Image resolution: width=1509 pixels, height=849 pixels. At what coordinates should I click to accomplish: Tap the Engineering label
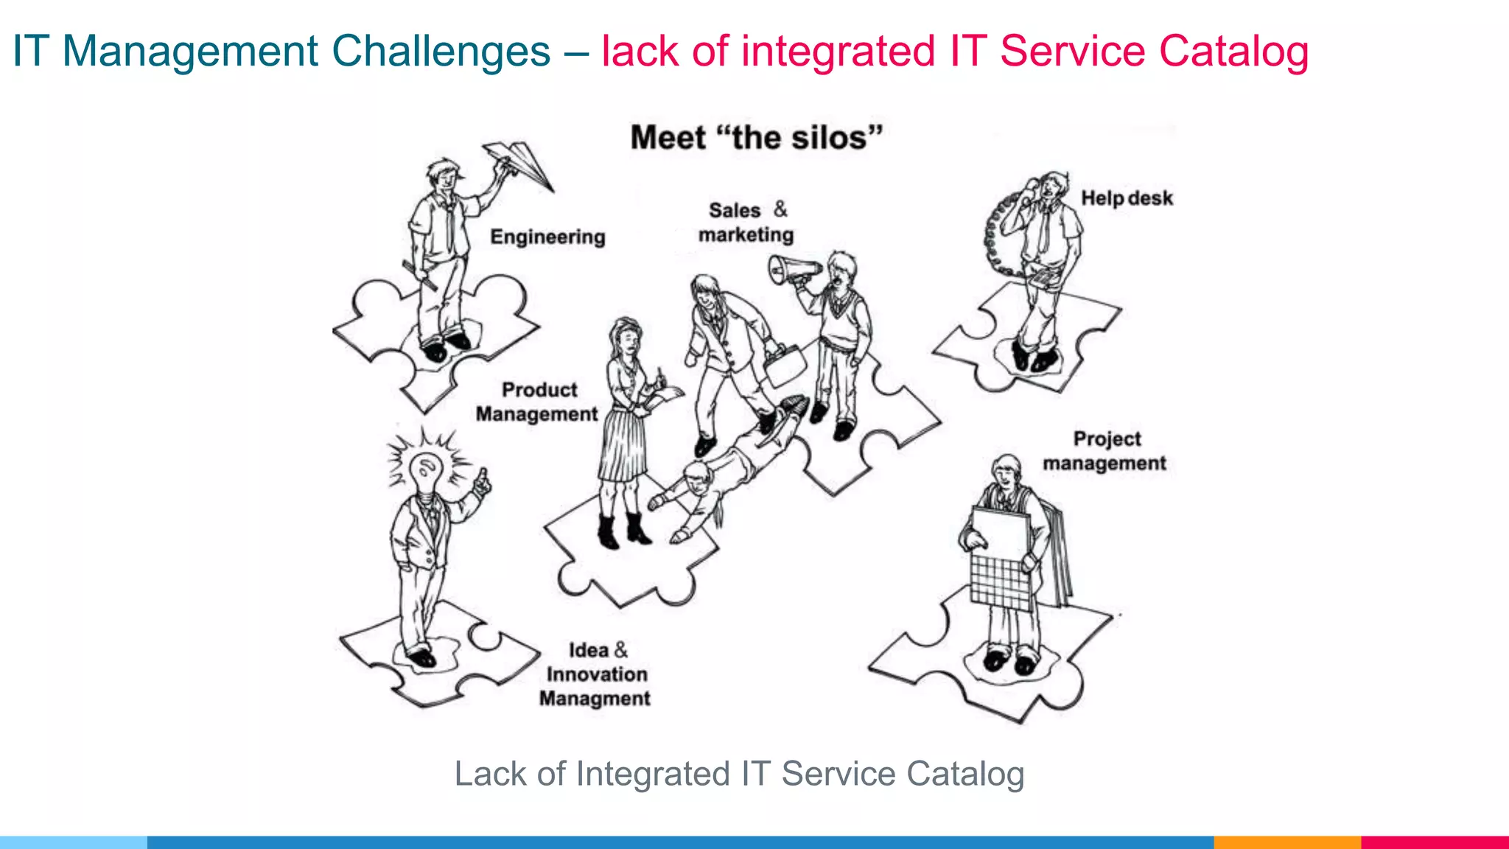click(x=547, y=237)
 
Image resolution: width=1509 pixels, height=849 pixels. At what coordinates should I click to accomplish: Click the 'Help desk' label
click(x=1127, y=198)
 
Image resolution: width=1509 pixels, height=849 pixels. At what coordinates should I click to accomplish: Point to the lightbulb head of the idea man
click(x=427, y=471)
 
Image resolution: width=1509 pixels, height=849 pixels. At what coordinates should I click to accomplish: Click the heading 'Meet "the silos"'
click(x=756, y=138)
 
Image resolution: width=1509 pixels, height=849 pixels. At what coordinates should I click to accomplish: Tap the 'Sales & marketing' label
click(x=746, y=222)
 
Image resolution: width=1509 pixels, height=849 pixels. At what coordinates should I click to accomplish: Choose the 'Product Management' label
click(x=537, y=402)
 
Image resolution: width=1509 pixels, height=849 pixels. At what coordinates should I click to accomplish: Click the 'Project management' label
click(x=1104, y=451)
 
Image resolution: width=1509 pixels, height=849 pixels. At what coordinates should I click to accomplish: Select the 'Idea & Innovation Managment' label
click(x=595, y=674)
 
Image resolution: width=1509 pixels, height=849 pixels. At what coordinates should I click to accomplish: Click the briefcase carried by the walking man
click(x=785, y=366)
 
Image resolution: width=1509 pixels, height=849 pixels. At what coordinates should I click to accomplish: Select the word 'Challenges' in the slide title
click(x=441, y=52)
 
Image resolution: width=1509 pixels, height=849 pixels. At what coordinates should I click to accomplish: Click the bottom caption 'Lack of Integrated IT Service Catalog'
click(x=739, y=774)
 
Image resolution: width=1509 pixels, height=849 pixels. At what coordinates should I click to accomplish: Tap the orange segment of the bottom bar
click(x=1286, y=842)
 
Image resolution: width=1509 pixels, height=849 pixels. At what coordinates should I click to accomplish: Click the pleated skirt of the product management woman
click(x=623, y=446)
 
